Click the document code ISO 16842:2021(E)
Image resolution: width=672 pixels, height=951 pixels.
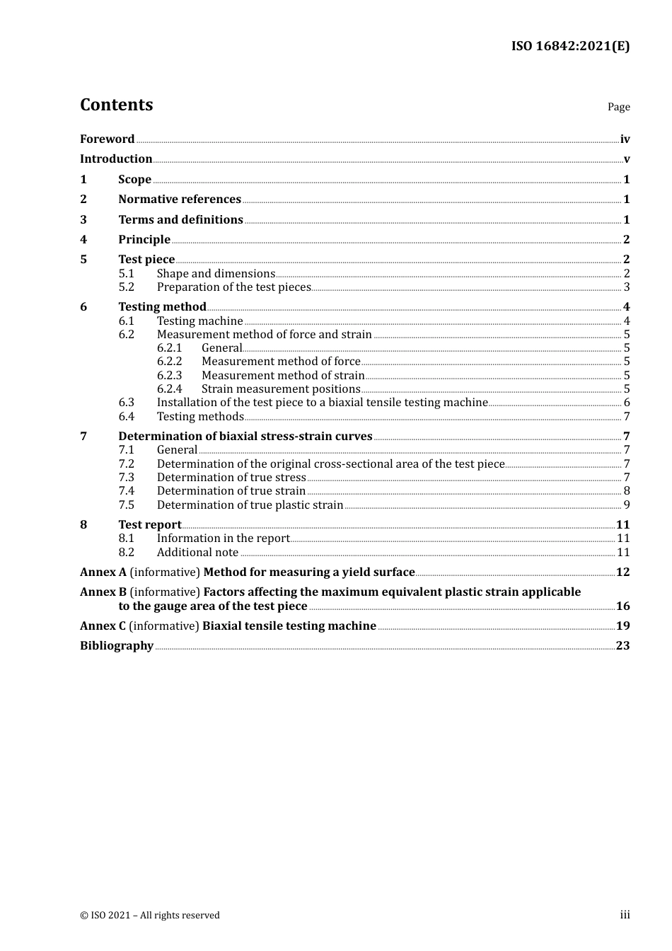570,47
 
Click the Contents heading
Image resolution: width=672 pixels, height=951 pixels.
116,105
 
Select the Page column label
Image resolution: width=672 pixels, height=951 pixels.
618,107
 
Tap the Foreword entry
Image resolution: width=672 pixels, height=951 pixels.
107,139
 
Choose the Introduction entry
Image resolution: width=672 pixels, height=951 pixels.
116,159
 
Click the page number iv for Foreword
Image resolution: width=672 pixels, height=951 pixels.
625,139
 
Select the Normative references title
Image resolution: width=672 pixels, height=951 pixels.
180,200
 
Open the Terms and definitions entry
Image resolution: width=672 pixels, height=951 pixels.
180,220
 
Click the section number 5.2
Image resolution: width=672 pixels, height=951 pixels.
126,287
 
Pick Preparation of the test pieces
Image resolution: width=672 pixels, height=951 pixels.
233,287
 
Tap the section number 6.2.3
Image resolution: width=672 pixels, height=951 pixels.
169,376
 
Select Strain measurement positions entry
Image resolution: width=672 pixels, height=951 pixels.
281,389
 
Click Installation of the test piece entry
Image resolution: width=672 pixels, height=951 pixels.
322,403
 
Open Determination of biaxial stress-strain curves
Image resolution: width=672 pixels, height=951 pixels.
245,437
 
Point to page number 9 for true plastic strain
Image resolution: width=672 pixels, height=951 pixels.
626,505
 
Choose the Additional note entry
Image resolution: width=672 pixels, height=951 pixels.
197,553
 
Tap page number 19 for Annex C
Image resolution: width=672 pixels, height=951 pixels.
622,626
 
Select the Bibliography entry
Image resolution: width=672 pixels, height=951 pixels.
117,646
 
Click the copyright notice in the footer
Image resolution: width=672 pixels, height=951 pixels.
150,916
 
